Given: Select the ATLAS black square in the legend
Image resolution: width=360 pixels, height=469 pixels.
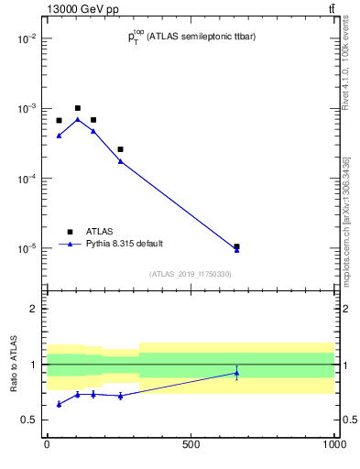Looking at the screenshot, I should (70, 232).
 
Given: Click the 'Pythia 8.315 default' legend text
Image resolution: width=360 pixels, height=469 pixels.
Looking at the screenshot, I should (125, 244).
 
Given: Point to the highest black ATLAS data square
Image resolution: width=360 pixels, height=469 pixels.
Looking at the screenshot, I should (78, 108).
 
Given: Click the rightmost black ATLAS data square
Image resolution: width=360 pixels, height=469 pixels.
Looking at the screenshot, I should (236, 246).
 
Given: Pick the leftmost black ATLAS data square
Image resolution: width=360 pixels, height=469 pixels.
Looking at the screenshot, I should (59, 120).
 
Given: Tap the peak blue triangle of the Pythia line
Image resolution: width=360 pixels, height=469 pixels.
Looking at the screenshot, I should (78, 119).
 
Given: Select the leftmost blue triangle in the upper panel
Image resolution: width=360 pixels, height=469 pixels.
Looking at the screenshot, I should (59, 136).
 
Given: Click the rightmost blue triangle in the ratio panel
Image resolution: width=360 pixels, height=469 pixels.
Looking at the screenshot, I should (236, 373).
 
